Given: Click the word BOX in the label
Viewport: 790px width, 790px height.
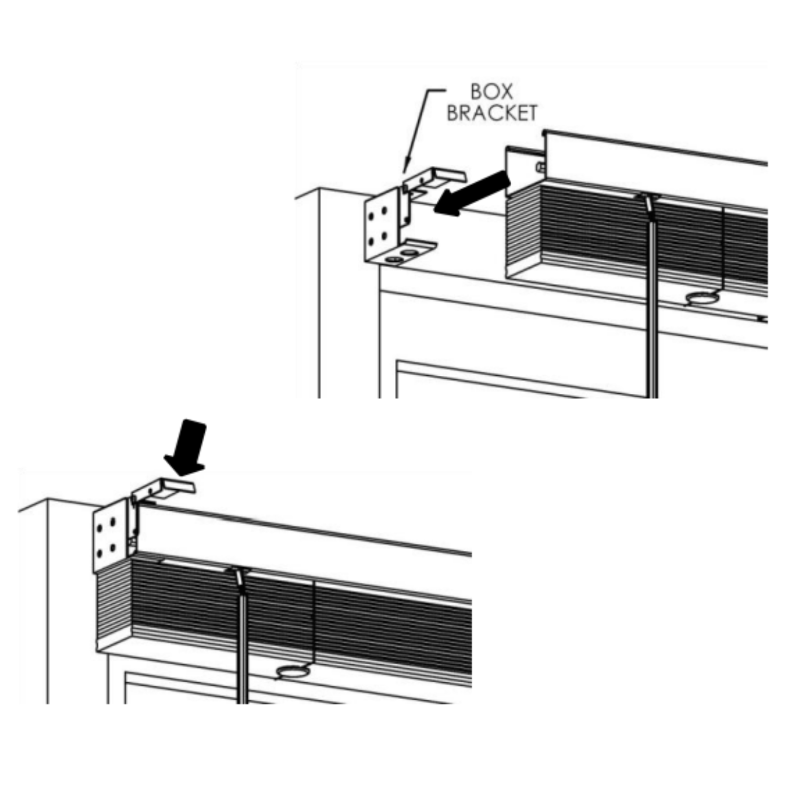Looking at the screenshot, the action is point(491,92).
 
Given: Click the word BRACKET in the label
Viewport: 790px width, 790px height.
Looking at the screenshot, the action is point(491,113).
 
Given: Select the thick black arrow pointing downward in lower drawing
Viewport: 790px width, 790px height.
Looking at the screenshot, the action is point(186,448).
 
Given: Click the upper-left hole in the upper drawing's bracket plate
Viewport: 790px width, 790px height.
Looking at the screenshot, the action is point(371,216).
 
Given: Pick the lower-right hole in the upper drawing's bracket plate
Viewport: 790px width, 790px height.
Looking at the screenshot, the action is point(384,236).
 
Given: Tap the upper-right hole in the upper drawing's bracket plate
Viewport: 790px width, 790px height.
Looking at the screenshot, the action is point(384,210).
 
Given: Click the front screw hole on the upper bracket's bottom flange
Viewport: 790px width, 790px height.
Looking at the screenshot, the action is point(394,260).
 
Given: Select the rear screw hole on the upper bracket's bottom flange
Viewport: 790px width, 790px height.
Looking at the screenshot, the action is point(409,253).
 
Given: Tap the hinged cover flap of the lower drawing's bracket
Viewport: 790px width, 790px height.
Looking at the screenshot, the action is point(163,489).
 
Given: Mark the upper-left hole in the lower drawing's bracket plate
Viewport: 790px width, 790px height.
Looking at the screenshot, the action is point(99,528).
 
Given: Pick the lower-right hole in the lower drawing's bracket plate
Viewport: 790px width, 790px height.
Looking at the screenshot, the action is point(112,547).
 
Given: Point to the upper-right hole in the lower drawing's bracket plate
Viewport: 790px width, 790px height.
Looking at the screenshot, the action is point(112,521).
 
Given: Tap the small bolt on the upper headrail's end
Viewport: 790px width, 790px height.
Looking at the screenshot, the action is point(541,167).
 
